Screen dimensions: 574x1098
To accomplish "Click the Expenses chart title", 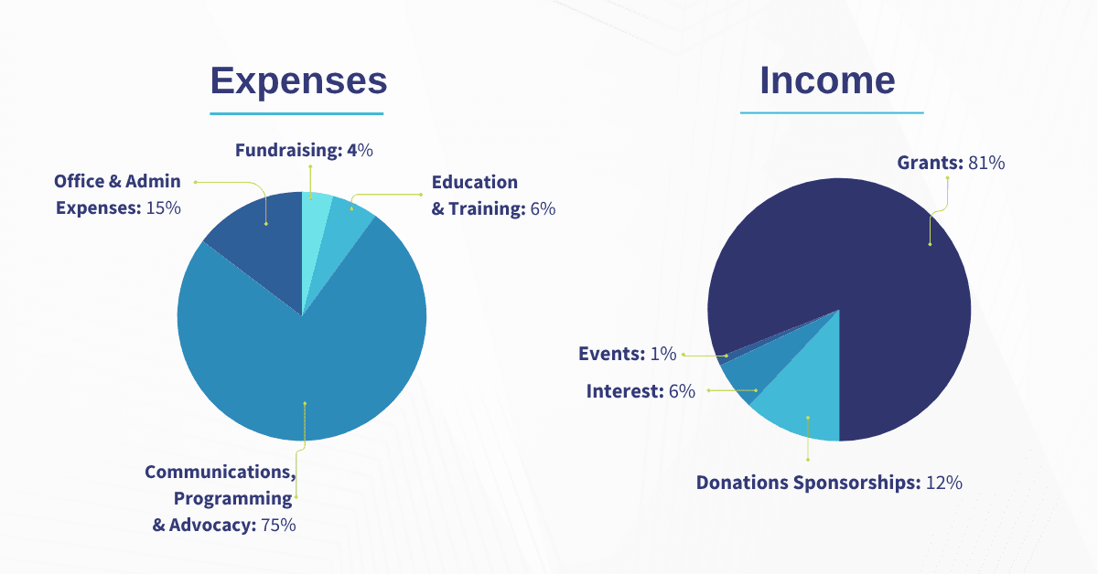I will [298, 80].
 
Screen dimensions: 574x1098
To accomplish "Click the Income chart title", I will [827, 80].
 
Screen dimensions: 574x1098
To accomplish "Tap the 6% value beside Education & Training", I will [543, 208].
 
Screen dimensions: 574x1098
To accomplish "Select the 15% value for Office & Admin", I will [164, 207].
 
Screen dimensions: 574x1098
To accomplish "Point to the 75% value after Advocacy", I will [278, 526].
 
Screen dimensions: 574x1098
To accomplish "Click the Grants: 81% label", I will [951, 163].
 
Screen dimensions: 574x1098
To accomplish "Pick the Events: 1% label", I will [627, 354].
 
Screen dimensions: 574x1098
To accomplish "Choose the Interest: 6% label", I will [640, 391].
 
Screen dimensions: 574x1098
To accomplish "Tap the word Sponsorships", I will [856, 483].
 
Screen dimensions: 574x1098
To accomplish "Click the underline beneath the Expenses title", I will [296, 113].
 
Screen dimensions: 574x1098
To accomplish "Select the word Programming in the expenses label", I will [233, 499].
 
